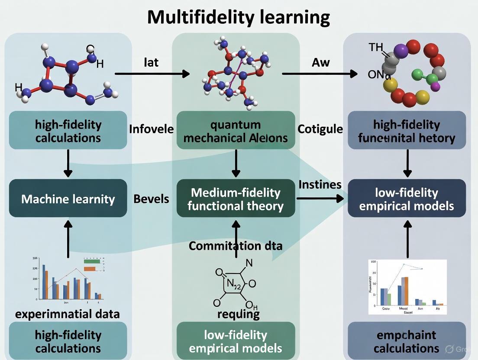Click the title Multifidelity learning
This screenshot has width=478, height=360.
pos(239,17)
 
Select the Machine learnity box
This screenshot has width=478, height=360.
pos(68,199)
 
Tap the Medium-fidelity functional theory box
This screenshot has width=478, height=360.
pos(236,199)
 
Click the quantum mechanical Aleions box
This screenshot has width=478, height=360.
pos(236,131)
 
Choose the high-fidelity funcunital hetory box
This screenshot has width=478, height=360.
pos(407,131)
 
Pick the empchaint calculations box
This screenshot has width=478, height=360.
pos(407,341)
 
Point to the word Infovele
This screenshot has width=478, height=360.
pos(151,129)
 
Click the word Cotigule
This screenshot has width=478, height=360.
pos(320,129)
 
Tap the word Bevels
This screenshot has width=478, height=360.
pos(151,199)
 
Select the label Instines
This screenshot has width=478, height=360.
pos(320,185)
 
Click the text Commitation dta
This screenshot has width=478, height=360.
pos(236,246)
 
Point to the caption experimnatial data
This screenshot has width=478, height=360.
pos(67,314)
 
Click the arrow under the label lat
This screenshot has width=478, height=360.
pos(152,74)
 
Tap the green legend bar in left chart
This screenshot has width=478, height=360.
pos(92,261)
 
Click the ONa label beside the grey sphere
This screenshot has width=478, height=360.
pos(379,75)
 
